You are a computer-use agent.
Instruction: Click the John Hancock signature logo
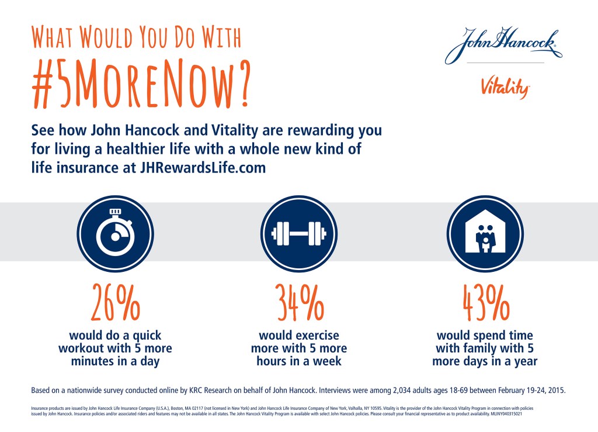click(x=503, y=45)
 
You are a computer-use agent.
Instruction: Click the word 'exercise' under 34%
click(x=315, y=336)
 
